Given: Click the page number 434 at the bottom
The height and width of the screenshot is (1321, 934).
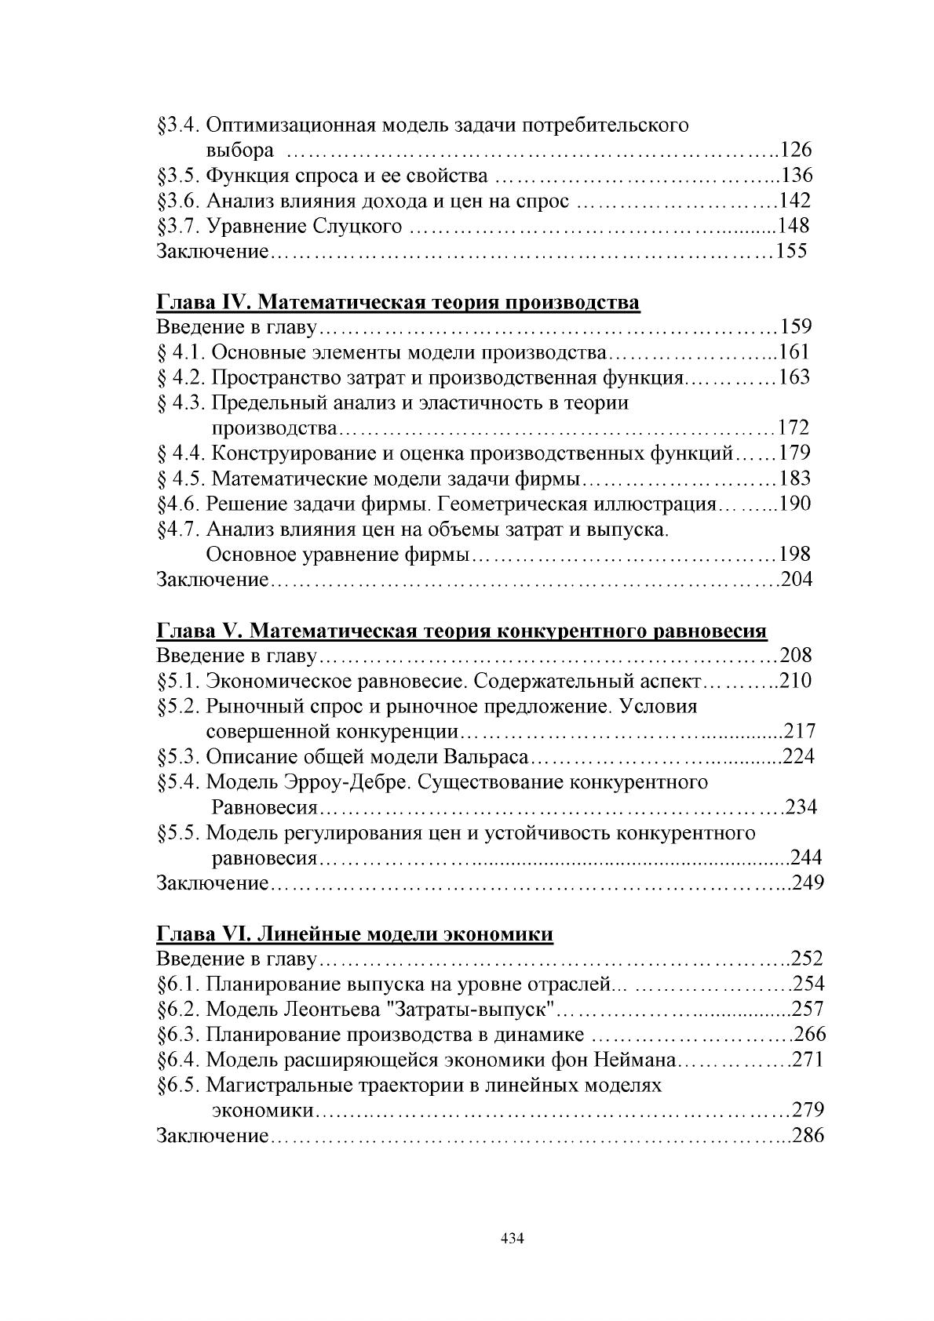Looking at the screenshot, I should coord(512,1239).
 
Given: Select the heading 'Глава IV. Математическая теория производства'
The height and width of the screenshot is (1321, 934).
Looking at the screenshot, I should coord(398,303).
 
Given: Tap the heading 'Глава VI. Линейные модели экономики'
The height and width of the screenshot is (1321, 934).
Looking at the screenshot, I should coord(355,934).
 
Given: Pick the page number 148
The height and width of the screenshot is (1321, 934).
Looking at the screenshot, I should coord(794,227).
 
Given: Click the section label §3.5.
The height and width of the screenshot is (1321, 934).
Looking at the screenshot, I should coord(180,176).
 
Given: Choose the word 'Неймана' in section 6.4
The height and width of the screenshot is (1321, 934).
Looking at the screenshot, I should coord(634,1061).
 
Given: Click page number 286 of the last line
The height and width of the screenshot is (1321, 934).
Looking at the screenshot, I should coord(808,1136).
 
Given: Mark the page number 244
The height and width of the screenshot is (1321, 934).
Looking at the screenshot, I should coord(806,858).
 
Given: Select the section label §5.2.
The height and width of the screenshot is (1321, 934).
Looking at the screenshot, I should coord(180,707).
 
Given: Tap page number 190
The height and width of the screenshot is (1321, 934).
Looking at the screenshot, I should coord(795,504).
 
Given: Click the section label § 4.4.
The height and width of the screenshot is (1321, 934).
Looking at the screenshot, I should coord(182,453).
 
